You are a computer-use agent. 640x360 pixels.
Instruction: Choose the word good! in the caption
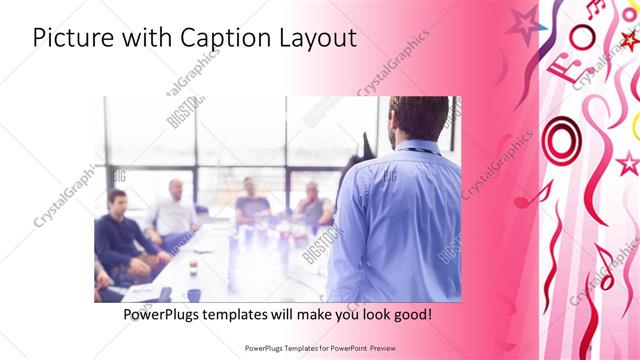[410, 314]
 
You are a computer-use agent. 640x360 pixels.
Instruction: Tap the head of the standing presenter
[418, 116]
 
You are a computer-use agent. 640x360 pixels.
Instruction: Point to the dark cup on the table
[193, 268]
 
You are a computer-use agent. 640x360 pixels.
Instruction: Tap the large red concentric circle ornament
[561, 139]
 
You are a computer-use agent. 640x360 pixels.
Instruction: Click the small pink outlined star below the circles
[628, 162]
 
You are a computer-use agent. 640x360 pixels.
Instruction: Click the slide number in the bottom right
[588, 347]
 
